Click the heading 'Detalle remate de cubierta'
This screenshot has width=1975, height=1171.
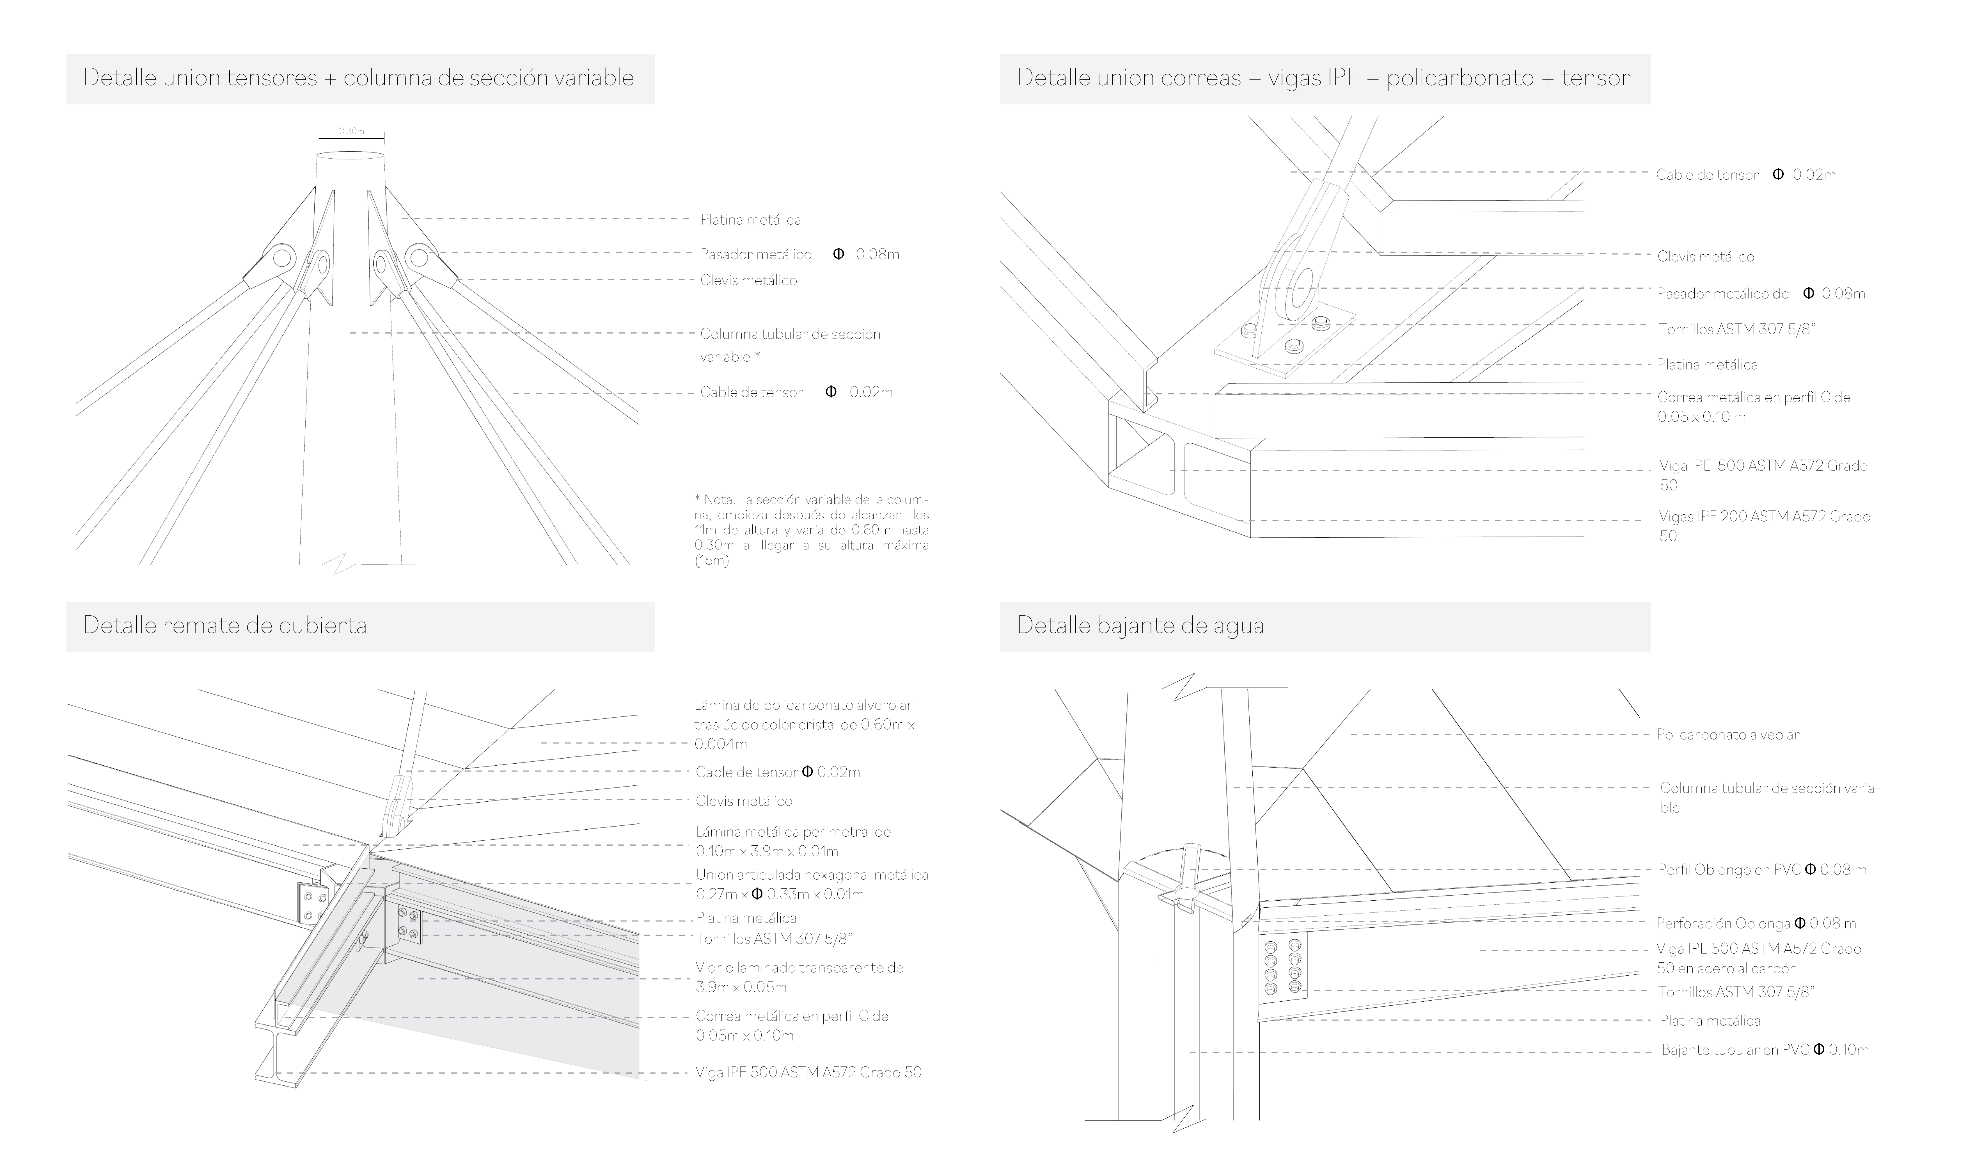tap(225, 626)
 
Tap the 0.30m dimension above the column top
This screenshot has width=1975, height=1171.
tap(352, 131)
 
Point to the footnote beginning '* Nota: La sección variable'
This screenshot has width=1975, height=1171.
tap(811, 530)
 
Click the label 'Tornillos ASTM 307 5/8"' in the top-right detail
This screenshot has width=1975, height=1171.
tap(1736, 329)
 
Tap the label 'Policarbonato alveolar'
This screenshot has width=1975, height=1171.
tap(1727, 735)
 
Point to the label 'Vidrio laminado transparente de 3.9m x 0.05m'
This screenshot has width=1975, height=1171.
tap(799, 977)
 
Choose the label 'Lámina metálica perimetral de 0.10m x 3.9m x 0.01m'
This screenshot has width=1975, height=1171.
tap(793, 841)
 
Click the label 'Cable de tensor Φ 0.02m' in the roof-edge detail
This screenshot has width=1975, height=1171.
tap(777, 772)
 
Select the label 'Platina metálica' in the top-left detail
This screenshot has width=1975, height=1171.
tap(750, 219)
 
